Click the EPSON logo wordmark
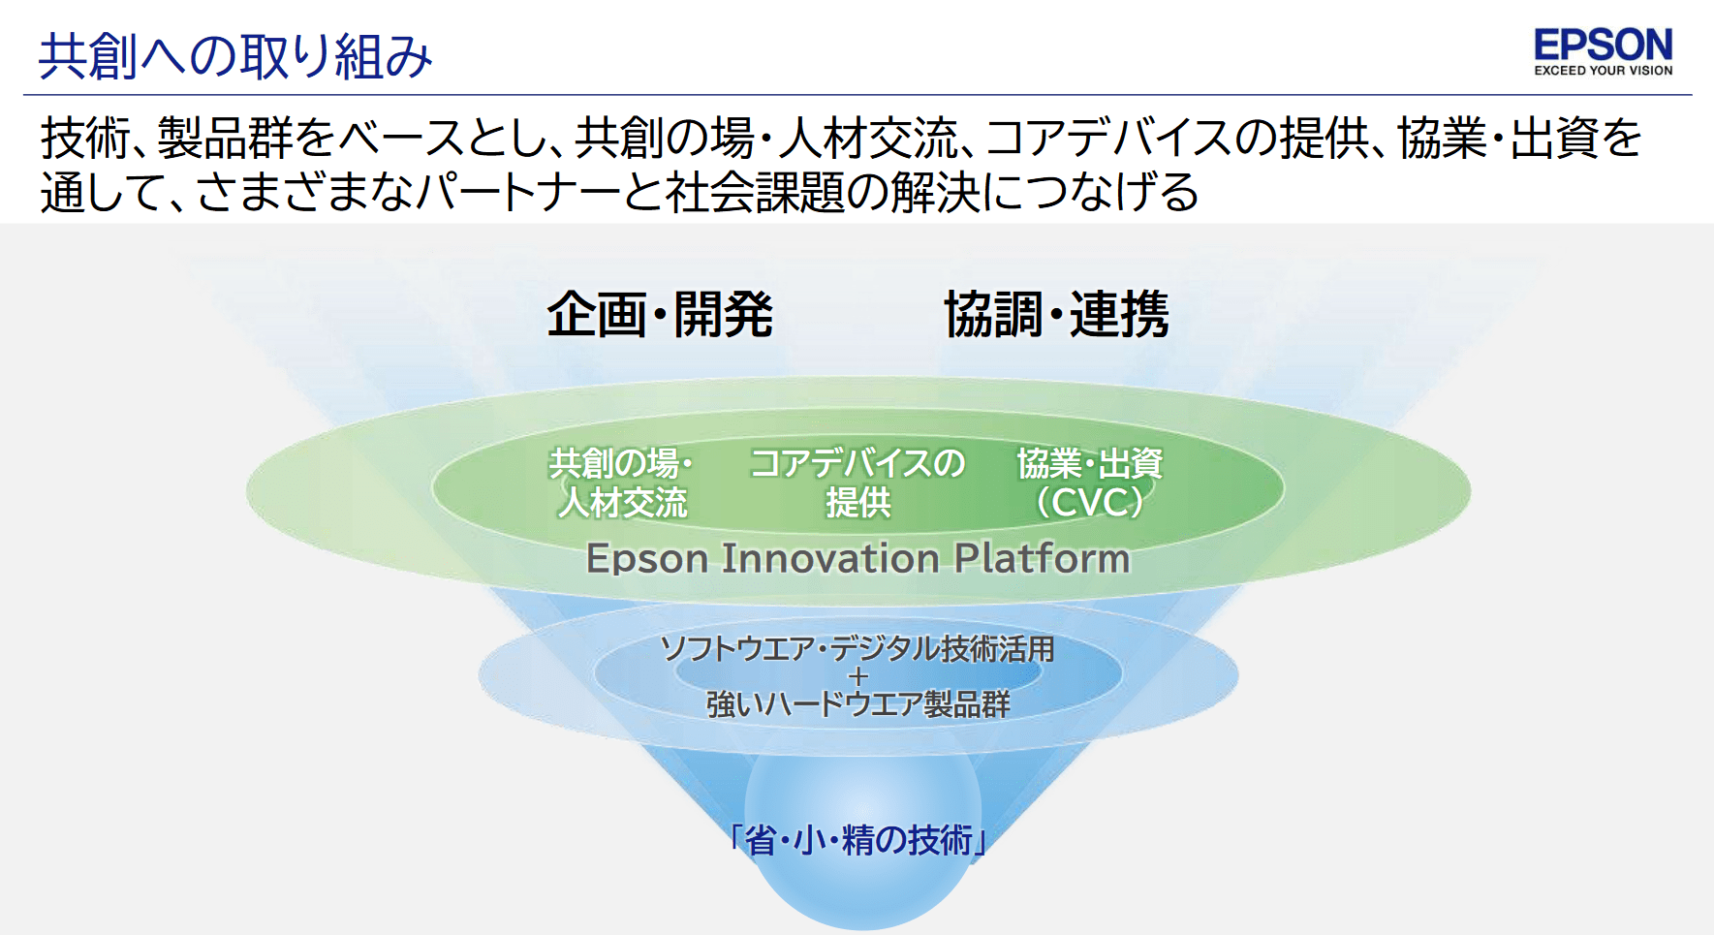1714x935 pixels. coord(1604,45)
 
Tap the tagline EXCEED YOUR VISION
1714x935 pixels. coord(1604,71)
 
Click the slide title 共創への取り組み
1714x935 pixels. coord(235,56)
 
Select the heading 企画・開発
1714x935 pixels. coord(660,314)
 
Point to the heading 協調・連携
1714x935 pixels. coord(1057,314)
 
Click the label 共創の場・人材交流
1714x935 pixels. coord(622,483)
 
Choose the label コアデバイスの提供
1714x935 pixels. coord(857,483)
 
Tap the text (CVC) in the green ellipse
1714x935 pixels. coord(1090,503)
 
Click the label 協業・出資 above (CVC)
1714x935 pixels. coord(1090,463)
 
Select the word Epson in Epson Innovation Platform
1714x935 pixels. coord(648,560)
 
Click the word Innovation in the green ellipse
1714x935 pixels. coord(831,558)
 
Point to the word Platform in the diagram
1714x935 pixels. coord(1043,558)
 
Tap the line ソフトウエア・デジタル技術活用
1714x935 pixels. coord(857,648)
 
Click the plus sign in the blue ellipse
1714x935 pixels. coord(857,676)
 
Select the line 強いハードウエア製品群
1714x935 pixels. coord(857,703)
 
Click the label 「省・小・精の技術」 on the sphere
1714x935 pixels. coord(857,839)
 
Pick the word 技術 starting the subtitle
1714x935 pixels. coord(85,138)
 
